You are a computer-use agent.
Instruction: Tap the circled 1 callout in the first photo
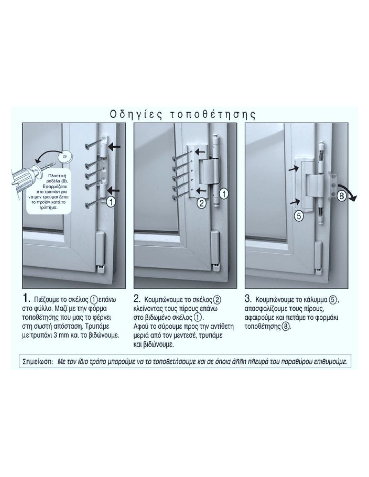coord(111,202)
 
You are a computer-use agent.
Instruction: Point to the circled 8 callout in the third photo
coord(341,196)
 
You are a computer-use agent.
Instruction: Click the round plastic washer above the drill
coord(65,157)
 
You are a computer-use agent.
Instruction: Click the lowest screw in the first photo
coord(93,203)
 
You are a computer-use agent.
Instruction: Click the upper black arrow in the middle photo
coord(201,151)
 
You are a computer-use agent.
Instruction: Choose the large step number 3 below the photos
coord(248,299)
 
